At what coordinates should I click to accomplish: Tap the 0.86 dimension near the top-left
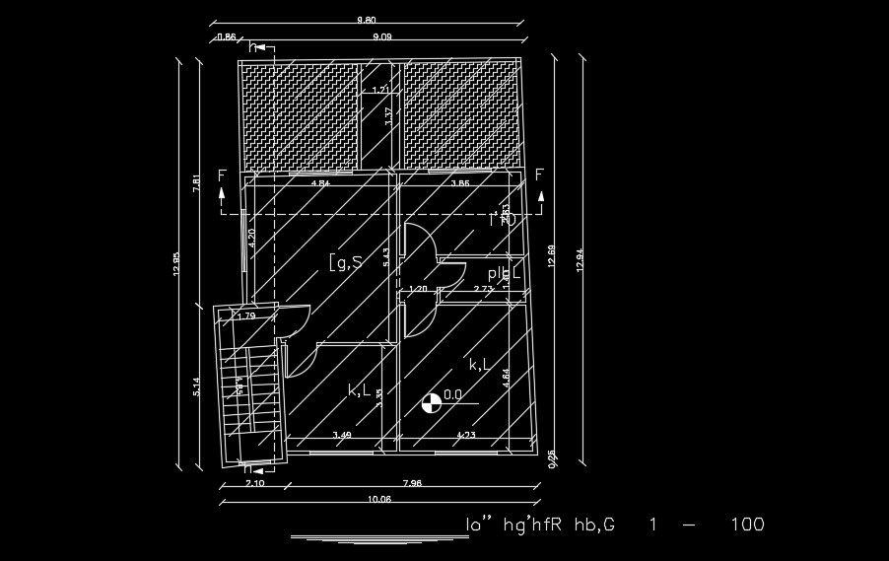[226, 37]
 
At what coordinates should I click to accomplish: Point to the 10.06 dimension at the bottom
[378, 498]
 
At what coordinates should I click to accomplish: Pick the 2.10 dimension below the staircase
[252, 482]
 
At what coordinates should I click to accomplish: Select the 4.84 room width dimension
[320, 183]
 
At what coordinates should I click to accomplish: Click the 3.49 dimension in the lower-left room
[341, 434]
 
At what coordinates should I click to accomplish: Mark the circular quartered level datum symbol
[430, 402]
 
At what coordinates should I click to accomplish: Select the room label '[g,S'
[345, 261]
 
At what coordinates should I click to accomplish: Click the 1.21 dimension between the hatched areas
[379, 91]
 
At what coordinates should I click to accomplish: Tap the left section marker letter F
[222, 176]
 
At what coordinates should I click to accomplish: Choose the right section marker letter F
[539, 176]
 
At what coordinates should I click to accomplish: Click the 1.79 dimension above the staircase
[245, 316]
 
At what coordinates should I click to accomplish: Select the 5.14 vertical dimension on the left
[198, 387]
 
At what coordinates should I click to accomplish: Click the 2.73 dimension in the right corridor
[483, 289]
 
